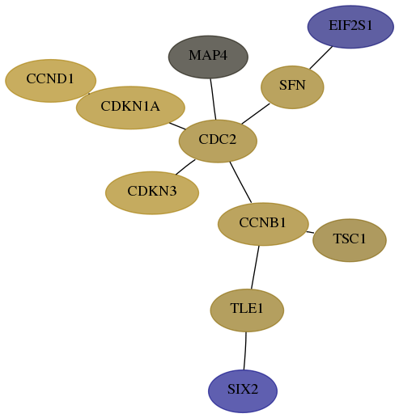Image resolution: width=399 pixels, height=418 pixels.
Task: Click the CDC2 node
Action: click(x=218, y=141)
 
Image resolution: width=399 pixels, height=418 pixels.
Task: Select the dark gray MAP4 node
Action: click(x=208, y=57)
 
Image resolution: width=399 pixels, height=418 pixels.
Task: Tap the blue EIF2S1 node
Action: click(x=350, y=27)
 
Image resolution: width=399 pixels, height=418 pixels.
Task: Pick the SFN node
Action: click(x=292, y=87)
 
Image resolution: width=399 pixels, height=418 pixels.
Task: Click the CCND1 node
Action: click(x=50, y=81)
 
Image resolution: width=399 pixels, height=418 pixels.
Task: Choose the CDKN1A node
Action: click(x=130, y=108)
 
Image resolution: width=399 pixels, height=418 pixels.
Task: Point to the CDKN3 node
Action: click(x=152, y=192)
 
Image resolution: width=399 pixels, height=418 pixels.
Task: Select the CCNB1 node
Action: click(x=263, y=224)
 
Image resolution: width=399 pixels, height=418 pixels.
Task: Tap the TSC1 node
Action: click(x=350, y=240)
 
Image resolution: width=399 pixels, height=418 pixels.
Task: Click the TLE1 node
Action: click(x=247, y=310)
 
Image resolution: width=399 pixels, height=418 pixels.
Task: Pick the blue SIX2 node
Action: click(x=243, y=391)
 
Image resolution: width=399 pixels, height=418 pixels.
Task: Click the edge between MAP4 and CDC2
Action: click(x=213, y=99)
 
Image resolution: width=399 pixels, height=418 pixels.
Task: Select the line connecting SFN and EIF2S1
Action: click(x=320, y=57)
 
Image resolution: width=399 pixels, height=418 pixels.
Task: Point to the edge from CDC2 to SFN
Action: click(x=256, y=114)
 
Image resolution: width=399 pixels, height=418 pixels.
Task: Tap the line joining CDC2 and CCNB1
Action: click(x=240, y=182)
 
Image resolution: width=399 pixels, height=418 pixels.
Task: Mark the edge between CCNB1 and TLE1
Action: click(x=255, y=268)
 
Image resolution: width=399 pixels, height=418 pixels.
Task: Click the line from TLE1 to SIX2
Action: click(x=245, y=351)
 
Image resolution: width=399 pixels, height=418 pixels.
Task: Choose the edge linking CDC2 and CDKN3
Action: click(x=185, y=167)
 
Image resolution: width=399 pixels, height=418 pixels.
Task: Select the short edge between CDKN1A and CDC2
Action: click(x=177, y=126)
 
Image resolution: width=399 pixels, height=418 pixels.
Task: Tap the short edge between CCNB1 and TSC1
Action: click(x=310, y=232)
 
